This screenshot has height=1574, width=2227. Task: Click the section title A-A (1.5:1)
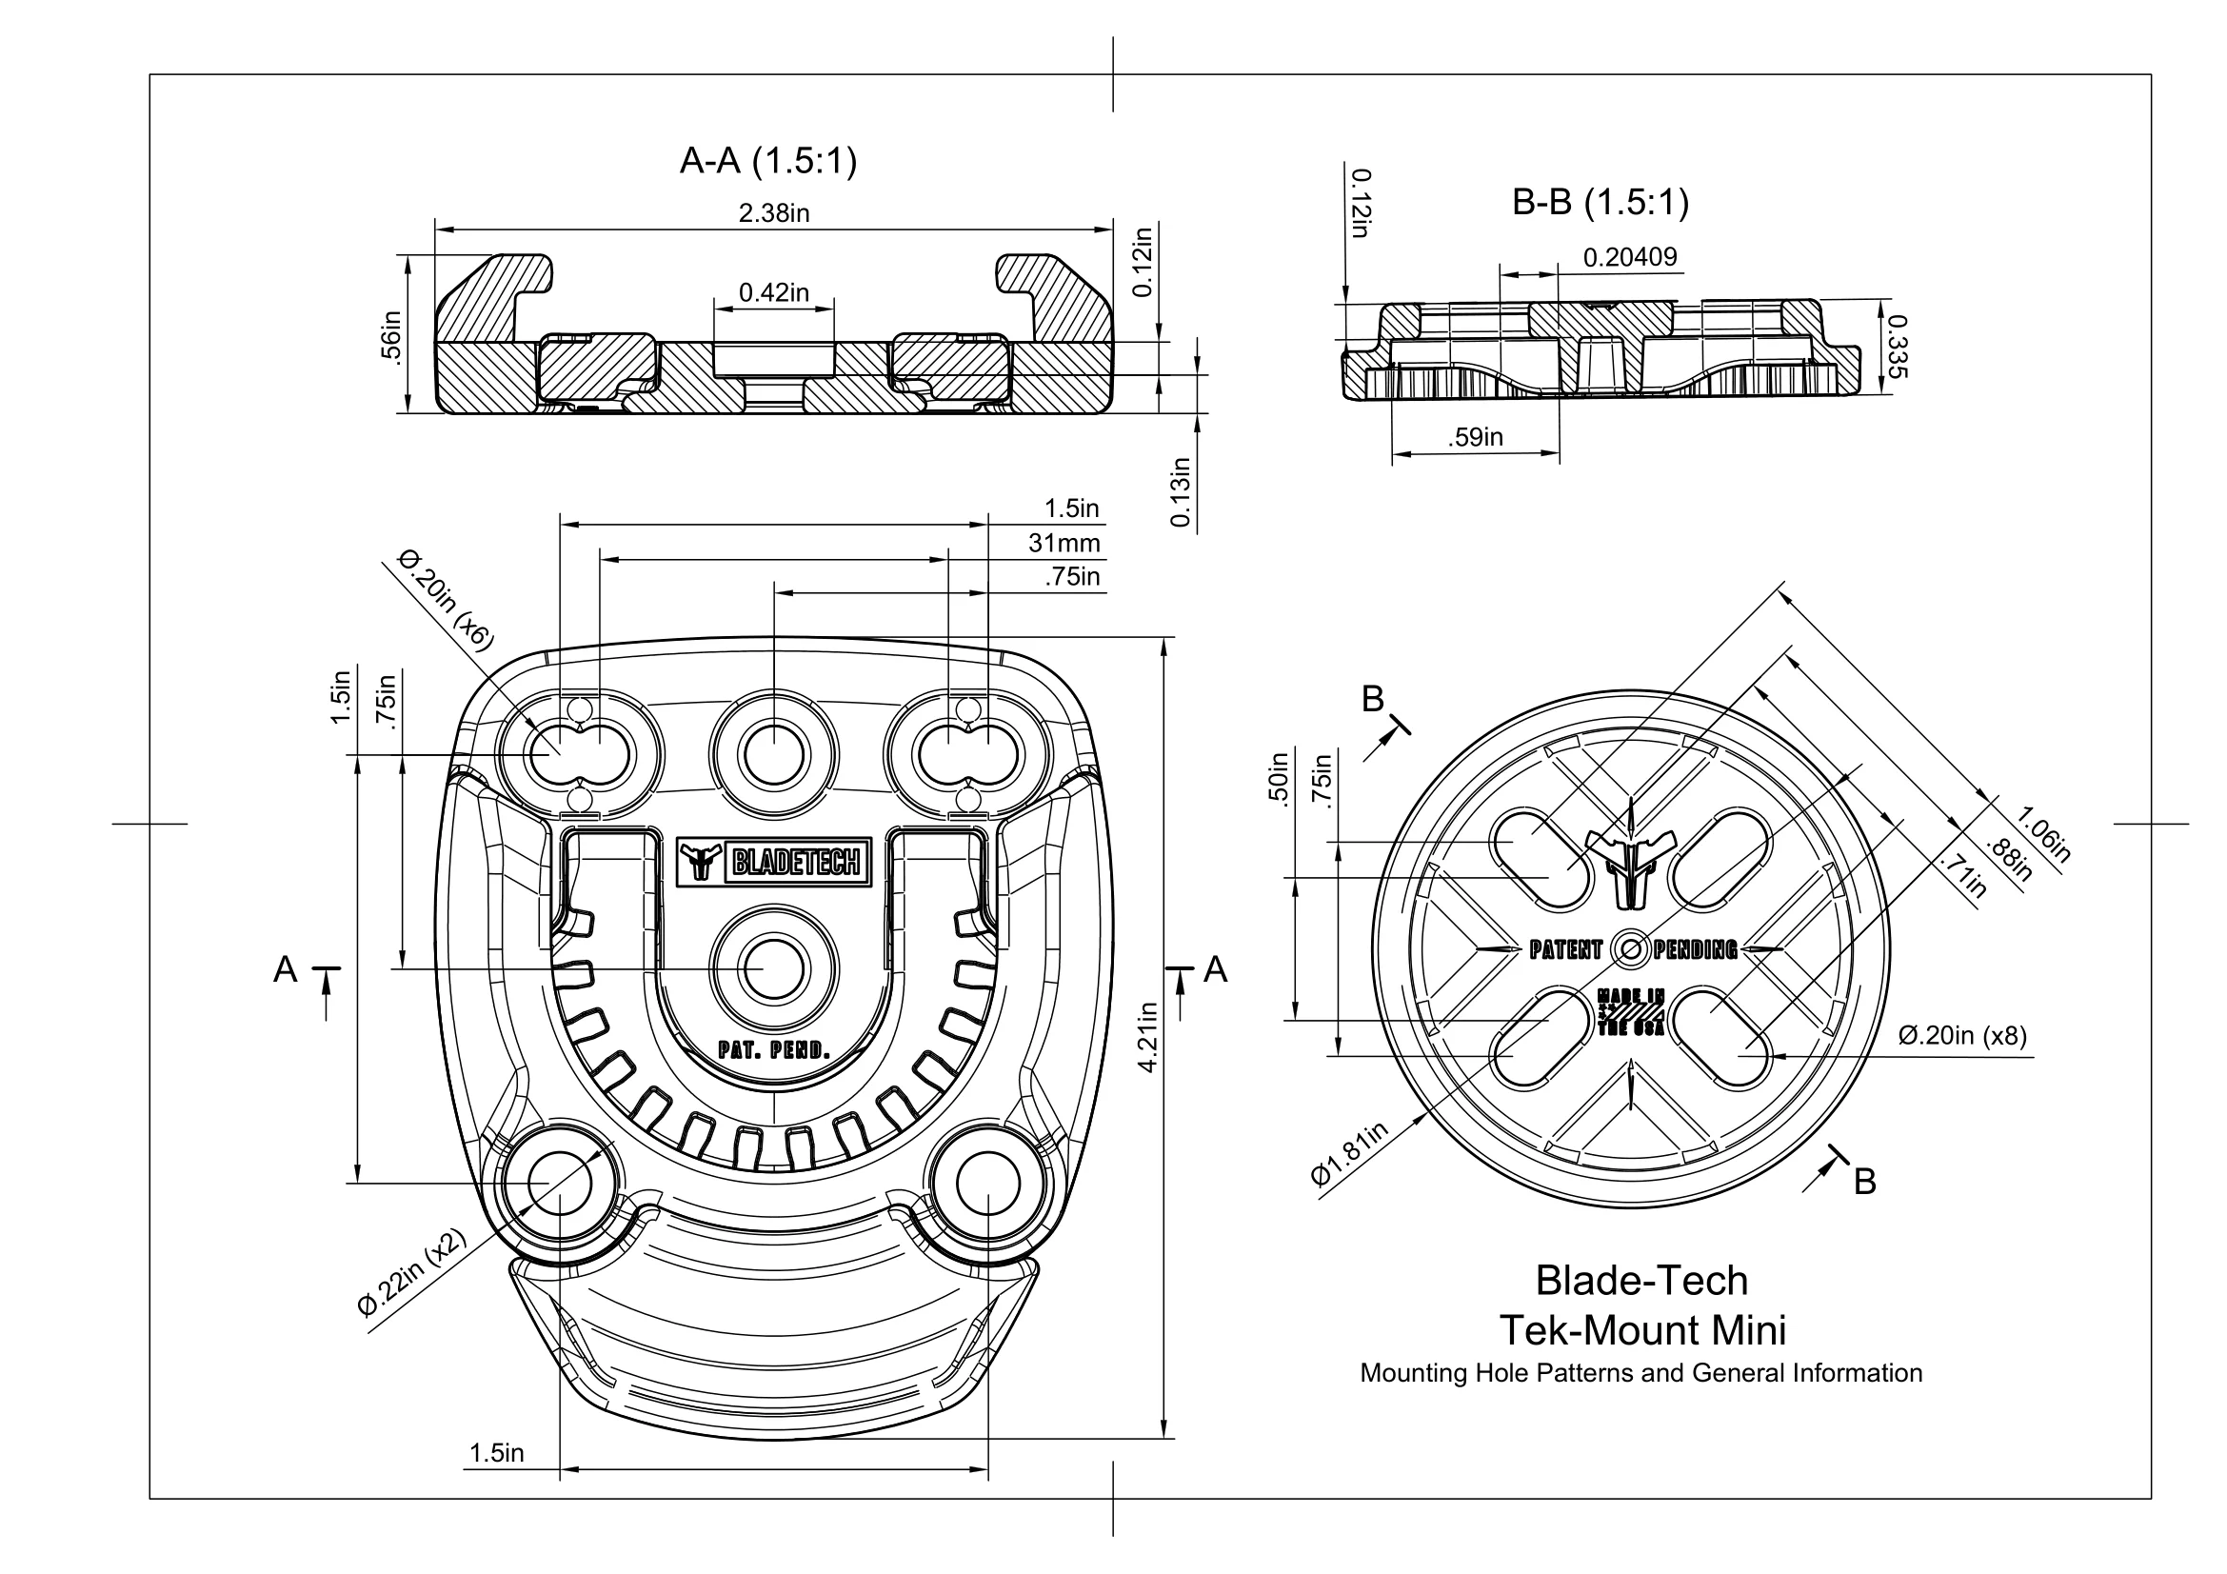click(768, 161)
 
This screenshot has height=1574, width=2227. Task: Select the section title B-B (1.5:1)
click(1601, 203)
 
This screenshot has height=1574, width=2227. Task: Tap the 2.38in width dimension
click(773, 213)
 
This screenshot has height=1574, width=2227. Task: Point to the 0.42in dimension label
click(773, 292)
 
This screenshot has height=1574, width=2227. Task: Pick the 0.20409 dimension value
click(1629, 257)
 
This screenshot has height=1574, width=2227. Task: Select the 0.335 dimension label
click(1899, 347)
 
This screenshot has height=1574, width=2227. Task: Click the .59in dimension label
click(1475, 437)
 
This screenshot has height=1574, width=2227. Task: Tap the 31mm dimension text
click(1064, 543)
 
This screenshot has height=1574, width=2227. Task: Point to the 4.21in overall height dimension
click(1148, 1037)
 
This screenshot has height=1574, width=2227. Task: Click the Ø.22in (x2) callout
click(412, 1272)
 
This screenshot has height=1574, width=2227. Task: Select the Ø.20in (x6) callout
click(447, 599)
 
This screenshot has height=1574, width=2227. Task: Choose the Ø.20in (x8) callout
click(1961, 1036)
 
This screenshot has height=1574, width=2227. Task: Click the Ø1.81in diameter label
click(1349, 1154)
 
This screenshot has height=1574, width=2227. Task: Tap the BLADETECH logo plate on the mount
click(774, 860)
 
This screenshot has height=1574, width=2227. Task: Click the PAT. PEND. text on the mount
click(774, 1049)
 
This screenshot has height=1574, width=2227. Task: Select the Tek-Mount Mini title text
click(1642, 1329)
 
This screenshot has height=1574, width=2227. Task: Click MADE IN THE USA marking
click(1630, 1012)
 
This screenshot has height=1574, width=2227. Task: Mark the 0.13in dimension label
click(1180, 492)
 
